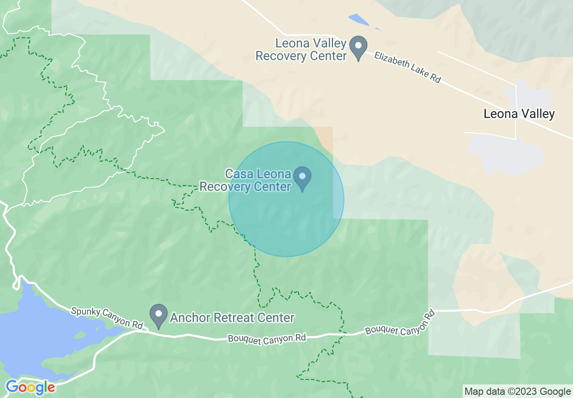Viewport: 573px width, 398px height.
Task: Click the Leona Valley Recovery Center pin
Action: pyautogui.click(x=359, y=47)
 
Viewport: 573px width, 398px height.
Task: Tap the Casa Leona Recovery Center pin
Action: pyautogui.click(x=302, y=177)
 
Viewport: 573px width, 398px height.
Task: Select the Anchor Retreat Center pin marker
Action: pyautogui.click(x=158, y=316)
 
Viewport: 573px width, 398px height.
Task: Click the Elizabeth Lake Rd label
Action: pyautogui.click(x=407, y=66)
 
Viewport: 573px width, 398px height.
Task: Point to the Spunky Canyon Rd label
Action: pyautogui.click(x=107, y=318)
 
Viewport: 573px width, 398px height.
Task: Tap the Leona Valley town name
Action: pyautogui.click(x=519, y=114)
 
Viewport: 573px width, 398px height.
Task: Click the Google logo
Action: pyautogui.click(x=30, y=388)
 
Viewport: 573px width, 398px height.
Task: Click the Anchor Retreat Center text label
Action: pyautogui.click(x=232, y=318)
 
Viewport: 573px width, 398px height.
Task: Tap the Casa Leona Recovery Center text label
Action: pyautogui.click(x=245, y=180)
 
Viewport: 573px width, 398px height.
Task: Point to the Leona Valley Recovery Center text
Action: pyautogui.click(x=301, y=50)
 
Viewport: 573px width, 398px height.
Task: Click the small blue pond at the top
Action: pyautogui.click(x=360, y=20)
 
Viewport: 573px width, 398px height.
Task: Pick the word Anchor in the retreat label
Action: pyautogui.click(x=188, y=318)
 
